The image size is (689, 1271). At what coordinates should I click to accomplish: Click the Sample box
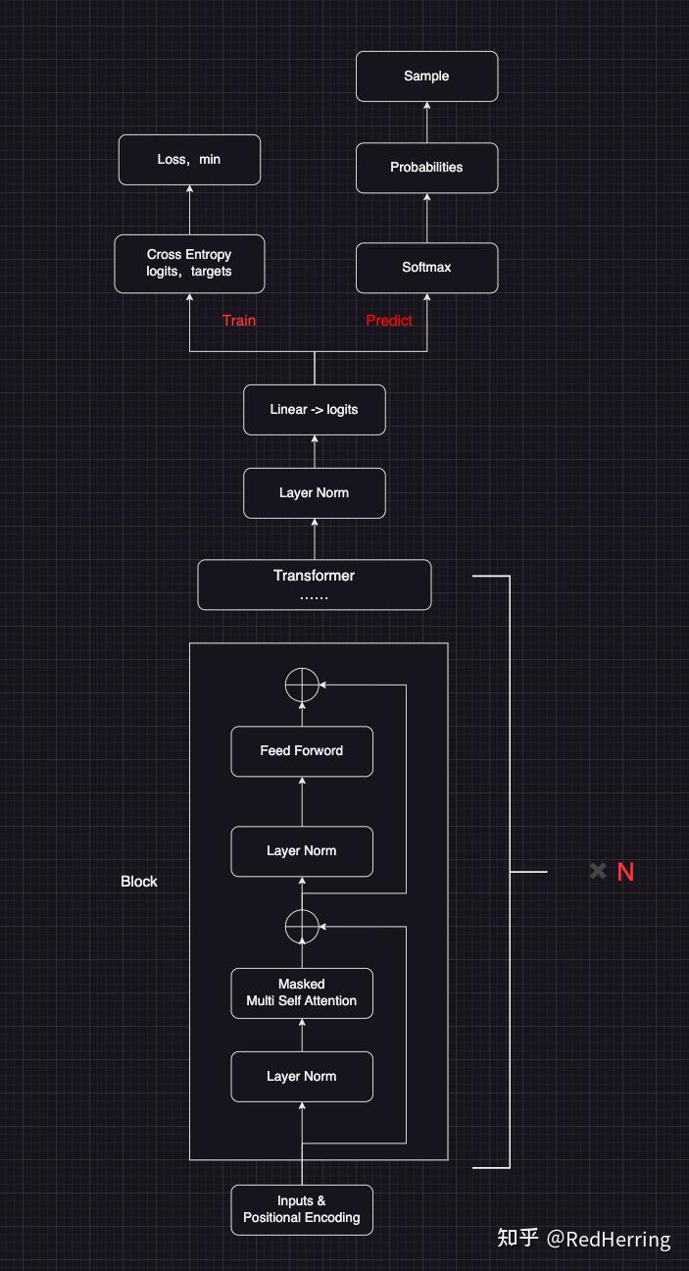point(426,76)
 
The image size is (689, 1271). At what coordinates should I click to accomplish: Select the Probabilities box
point(426,168)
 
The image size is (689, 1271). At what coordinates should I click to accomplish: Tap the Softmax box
point(426,267)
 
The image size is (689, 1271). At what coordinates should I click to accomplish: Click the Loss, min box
point(189,159)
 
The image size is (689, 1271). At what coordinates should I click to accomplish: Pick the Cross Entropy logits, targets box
point(189,263)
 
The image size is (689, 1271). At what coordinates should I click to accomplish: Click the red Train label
point(239,321)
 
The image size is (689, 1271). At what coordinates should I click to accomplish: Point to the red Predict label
point(389,321)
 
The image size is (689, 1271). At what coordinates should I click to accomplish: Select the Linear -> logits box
point(314,409)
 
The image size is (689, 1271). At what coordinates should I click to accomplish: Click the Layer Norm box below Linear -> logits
point(314,492)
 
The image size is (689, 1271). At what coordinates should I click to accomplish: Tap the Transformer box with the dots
point(314,585)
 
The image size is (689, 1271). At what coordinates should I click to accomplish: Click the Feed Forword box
point(302,751)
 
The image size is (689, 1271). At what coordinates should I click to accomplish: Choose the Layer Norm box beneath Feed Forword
point(302,851)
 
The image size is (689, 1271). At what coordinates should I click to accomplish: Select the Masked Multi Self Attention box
point(302,992)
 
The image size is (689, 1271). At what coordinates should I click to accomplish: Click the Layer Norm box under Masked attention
point(302,1077)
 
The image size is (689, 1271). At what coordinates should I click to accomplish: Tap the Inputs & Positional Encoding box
point(302,1209)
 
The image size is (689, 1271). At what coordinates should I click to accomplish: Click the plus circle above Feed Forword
point(302,684)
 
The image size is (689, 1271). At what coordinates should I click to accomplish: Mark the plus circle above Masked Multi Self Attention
point(302,926)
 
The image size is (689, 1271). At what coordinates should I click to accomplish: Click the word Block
point(139,882)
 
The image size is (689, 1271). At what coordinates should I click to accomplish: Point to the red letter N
point(625,872)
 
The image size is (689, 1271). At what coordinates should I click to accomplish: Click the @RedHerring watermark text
point(608,1240)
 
